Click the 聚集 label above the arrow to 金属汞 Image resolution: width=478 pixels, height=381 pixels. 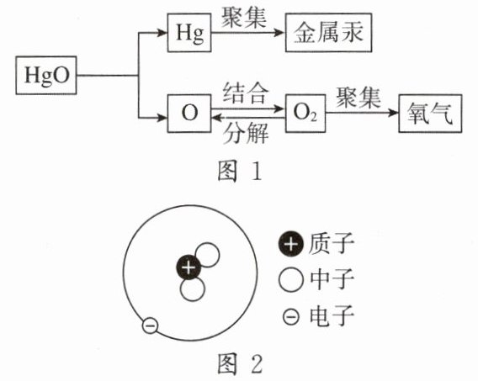click(244, 18)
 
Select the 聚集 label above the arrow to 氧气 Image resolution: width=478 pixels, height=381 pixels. click(358, 98)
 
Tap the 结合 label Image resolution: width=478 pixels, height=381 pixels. click(246, 93)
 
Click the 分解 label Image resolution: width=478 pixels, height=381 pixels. click(246, 134)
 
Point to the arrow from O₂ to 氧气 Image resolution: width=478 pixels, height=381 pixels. click(362, 113)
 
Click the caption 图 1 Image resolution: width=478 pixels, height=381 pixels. click(240, 172)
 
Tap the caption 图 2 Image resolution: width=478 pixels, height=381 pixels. click(240, 364)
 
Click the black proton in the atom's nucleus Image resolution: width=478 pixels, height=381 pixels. click(189, 267)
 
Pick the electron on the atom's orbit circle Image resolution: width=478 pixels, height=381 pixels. click(150, 325)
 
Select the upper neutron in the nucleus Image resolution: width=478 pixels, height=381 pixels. click(208, 254)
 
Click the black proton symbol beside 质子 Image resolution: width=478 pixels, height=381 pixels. click(291, 244)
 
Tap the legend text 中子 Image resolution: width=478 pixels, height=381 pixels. click(332, 279)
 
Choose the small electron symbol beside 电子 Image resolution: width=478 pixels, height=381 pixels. click(291, 317)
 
